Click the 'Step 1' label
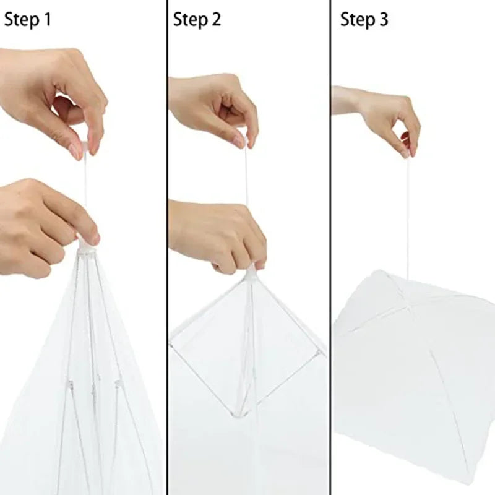click(27, 20)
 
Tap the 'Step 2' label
click(197, 20)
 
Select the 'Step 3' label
click(364, 20)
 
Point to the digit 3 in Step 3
click(384, 20)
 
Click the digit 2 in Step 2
click(215, 20)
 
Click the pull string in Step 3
click(408, 217)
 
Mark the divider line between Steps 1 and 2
click(167, 247)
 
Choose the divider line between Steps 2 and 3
click(330, 247)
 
